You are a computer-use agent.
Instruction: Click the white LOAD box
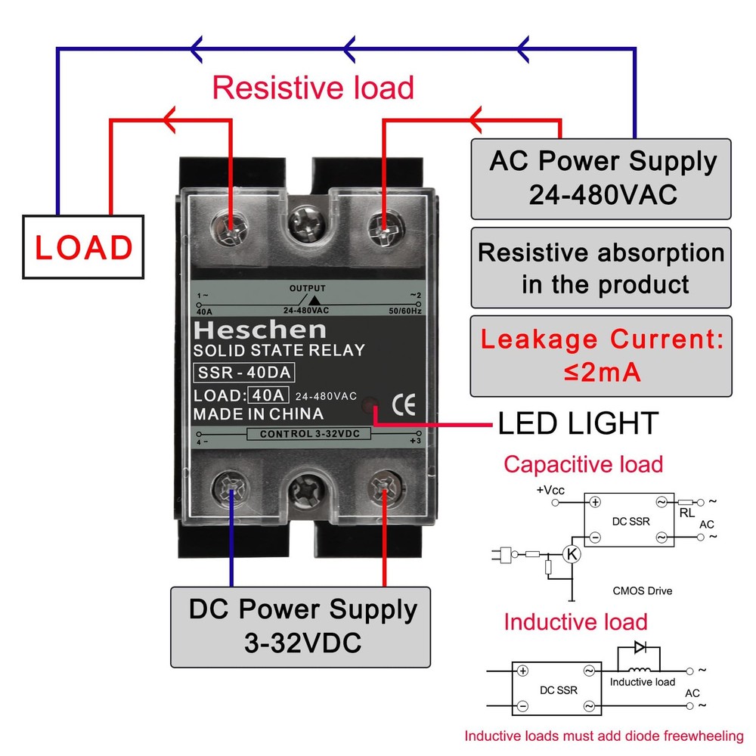pyautogui.click(x=83, y=246)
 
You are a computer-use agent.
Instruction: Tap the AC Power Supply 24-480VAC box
pyautogui.click(x=601, y=178)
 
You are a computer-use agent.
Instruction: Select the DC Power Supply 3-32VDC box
pyautogui.click(x=301, y=626)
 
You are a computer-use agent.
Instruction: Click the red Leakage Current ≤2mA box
pyautogui.click(x=601, y=355)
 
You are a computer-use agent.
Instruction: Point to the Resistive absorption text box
pyautogui.click(x=601, y=268)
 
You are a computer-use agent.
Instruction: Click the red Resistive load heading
pyautogui.click(x=313, y=88)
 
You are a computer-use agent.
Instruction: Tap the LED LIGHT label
pyautogui.click(x=578, y=423)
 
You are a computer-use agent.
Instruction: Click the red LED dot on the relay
pyautogui.click(x=370, y=406)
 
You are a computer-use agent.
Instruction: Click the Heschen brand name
pyautogui.click(x=259, y=330)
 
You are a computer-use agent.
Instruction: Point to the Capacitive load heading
pyautogui.click(x=583, y=463)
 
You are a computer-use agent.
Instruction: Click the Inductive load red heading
pyautogui.click(x=575, y=622)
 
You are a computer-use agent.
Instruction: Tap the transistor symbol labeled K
pyautogui.click(x=572, y=554)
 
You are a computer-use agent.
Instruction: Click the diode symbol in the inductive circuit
pyautogui.click(x=640, y=647)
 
